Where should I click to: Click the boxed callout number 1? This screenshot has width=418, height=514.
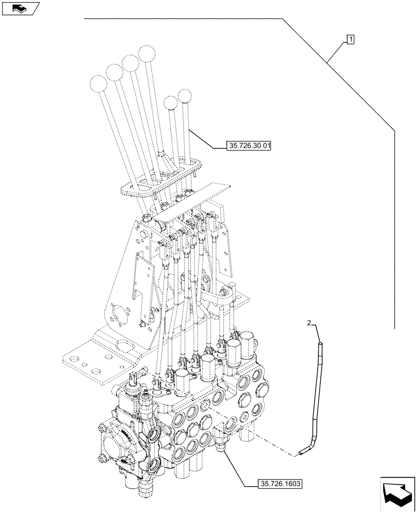pyautogui.click(x=351, y=39)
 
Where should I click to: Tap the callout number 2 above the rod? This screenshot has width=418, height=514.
pyautogui.click(x=309, y=323)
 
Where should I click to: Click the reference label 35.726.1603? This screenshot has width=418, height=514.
pyautogui.click(x=281, y=484)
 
